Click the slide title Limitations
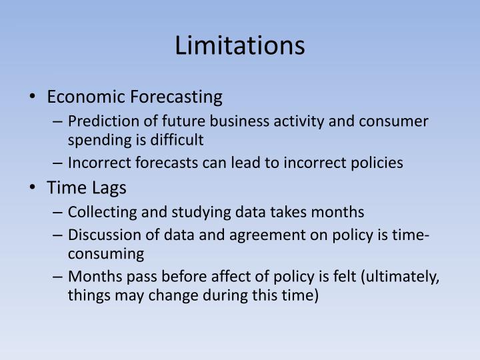click(x=240, y=46)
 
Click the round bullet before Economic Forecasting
click(x=34, y=97)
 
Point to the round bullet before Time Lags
click(x=34, y=188)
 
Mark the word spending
click(x=94, y=139)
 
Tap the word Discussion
click(x=100, y=235)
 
